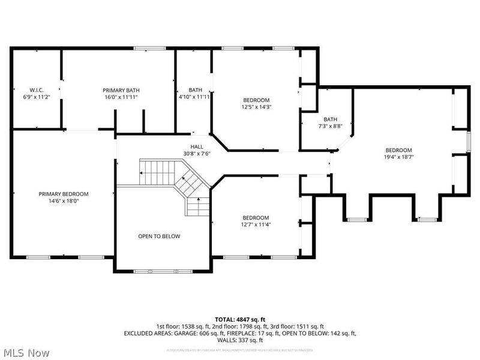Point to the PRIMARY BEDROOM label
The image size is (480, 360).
pos(64,194)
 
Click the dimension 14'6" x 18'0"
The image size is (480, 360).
pos(64,201)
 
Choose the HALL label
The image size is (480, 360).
pos(197,146)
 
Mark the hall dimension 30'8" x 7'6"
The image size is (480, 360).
pos(197,154)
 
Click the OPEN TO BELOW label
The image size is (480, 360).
pos(159,236)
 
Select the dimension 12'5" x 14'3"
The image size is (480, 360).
pos(256,107)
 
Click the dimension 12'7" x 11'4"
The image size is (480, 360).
pos(256,224)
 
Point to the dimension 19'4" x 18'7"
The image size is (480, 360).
pos(398,157)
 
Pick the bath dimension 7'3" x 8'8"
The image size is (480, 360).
pos(331,126)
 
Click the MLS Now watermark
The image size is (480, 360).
pos(26,353)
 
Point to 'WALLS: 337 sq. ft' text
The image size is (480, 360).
pos(240,340)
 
